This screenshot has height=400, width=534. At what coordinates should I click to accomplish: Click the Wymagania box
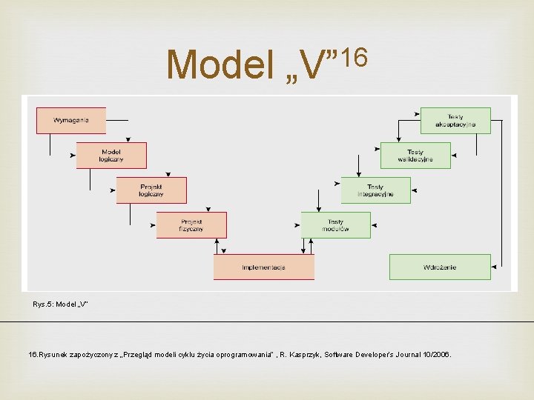point(71,120)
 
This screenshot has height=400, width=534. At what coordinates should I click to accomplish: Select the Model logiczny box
point(111,156)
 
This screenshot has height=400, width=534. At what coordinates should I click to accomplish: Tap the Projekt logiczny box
point(151,190)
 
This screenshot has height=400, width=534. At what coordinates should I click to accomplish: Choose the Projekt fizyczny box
point(191,225)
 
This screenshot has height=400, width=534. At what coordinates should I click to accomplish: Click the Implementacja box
point(263,267)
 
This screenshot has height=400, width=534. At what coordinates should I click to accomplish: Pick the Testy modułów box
point(335,225)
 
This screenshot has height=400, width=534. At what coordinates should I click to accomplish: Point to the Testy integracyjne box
point(375,190)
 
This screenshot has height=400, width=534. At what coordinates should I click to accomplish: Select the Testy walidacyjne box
point(415,156)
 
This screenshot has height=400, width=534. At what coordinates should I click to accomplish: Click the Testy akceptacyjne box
point(455,120)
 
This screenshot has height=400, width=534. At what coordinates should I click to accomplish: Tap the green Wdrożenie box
point(440,267)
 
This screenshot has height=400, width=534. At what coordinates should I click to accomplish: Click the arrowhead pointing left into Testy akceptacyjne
point(417,115)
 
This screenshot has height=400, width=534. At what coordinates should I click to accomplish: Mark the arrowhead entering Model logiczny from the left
point(74,156)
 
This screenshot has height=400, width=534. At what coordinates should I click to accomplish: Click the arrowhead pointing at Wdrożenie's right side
point(494,267)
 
